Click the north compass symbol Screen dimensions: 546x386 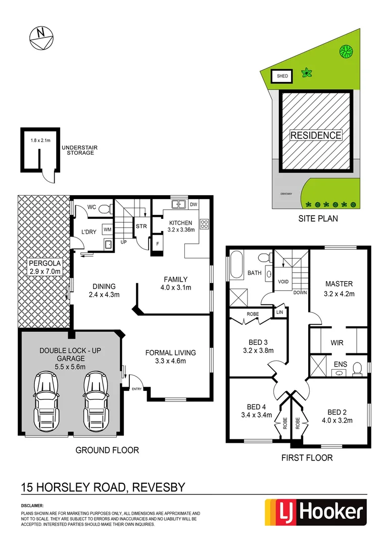[x=41, y=38]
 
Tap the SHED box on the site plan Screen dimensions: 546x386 [x=282, y=76]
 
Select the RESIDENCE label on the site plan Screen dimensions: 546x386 [x=316, y=135]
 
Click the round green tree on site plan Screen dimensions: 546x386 [x=346, y=51]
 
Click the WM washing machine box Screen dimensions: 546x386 [x=107, y=230]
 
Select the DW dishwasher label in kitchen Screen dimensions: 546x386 [x=193, y=204]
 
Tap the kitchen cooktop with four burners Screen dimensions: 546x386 [x=205, y=224]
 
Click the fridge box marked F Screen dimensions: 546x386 [x=158, y=244]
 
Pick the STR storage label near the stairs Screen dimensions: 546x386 [x=141, y=226]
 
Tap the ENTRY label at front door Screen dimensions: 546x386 [x=137, y=389]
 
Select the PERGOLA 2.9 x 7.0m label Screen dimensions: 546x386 [x=44, y=267]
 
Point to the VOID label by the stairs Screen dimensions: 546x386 [x=283, y=282]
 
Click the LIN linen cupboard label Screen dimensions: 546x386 [x=279, y=313]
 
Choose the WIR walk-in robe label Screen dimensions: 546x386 [x=337, y=343]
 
